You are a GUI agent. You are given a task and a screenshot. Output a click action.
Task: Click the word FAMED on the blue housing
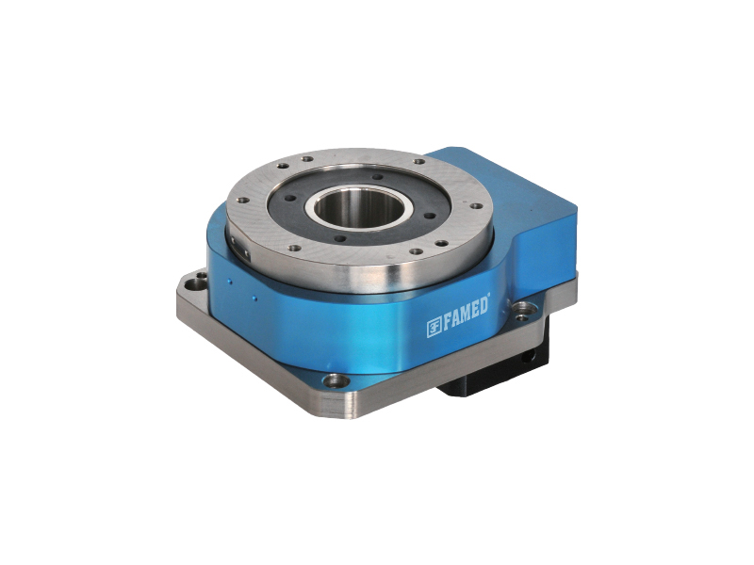tap(466, 315)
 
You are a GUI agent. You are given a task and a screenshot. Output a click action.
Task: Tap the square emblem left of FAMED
tap(434, 328)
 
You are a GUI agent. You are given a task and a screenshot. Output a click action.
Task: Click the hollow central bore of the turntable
tap(358, 207)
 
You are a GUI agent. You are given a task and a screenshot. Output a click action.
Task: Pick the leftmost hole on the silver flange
tap(244, 200)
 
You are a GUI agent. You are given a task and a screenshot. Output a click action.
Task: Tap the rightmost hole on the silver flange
tap(476, 206)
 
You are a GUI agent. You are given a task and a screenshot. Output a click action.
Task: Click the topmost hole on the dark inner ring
tap(378, 177)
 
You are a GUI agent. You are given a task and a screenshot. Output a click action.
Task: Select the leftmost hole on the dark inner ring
tap(290, 198)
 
